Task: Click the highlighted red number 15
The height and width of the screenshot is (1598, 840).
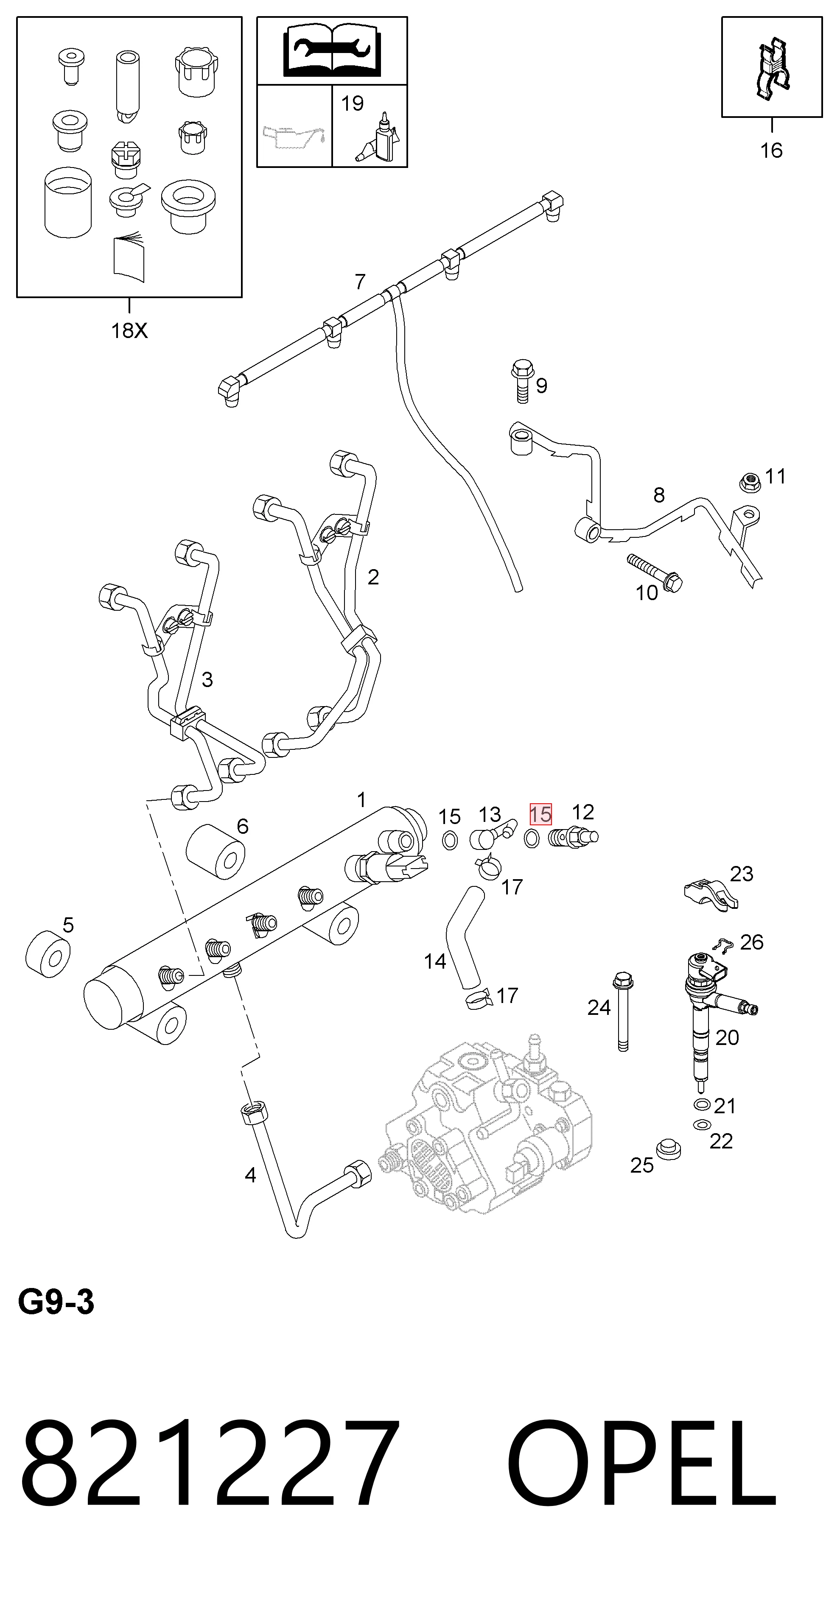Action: click(540, 814)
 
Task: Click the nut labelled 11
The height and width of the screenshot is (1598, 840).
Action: click(750, 481)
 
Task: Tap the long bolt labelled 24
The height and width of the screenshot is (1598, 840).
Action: click(623, 1012)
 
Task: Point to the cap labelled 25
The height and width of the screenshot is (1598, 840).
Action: click(669, 1148)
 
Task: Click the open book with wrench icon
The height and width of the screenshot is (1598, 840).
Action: click(332, 51)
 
